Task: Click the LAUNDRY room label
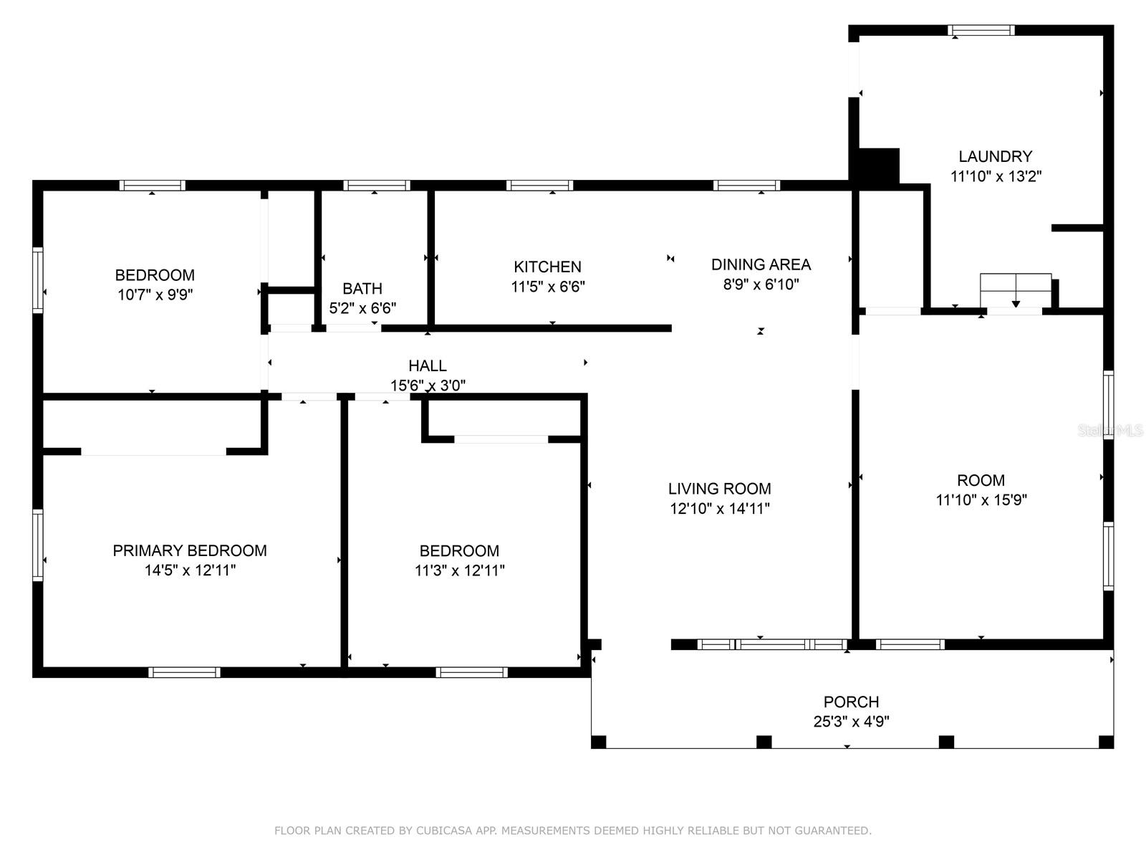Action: (995, 156)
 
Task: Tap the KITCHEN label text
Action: (547, 267)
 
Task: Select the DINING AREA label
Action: (761, 264)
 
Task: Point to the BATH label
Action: (362, 288)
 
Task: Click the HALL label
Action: (427, 365)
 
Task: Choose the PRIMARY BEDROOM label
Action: (190, 550)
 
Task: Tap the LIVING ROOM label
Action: (719, 489)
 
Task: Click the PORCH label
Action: (851, 702)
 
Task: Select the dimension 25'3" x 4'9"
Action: (851, 722)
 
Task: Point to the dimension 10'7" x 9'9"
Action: (155, 295)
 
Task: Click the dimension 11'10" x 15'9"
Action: (981, 500)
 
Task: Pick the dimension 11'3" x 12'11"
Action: (459, 570)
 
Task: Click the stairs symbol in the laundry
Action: (1016, 290)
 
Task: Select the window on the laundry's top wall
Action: (981, 30)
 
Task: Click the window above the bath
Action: (377, 186)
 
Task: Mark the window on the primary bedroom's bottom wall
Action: (184, 672)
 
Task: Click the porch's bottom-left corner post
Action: (599, 742)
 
